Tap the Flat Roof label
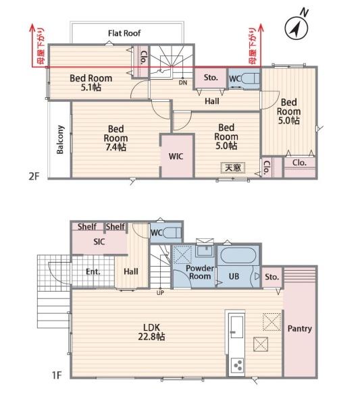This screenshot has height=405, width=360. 124,33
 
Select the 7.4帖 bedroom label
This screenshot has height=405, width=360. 115,138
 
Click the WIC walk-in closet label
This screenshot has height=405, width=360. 176,156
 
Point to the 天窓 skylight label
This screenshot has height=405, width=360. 232,167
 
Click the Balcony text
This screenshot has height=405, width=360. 60,140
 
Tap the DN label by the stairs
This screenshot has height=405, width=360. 183,82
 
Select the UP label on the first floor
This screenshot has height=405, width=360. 160,293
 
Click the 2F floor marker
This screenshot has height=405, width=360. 34,176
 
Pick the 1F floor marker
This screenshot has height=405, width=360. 57,375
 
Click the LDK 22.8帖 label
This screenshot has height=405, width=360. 151,332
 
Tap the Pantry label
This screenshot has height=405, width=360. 299,329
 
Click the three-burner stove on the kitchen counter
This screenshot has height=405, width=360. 237,364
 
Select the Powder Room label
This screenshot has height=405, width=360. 199,272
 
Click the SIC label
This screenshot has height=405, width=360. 99,242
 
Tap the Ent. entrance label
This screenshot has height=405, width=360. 93,271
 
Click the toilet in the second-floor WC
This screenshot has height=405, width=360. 250,78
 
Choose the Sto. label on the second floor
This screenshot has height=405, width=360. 211,77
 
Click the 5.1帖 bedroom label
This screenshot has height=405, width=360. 91,82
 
